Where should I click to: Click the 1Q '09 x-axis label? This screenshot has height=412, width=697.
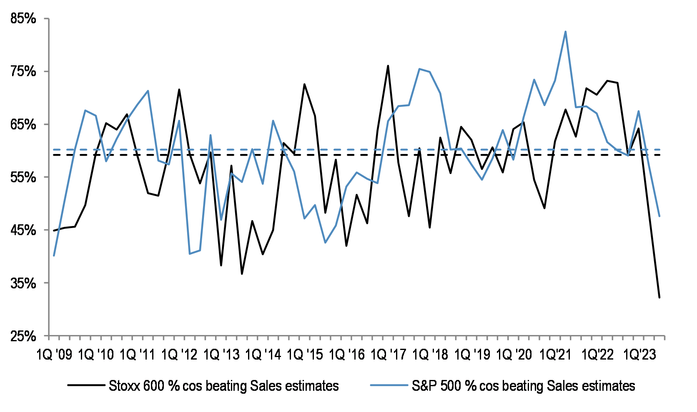[x=54, y=355]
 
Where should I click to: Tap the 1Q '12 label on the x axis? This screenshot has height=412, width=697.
[x=180, y=355]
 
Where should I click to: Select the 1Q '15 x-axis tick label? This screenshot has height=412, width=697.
[x=305, y=355]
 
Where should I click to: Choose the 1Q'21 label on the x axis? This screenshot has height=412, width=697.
[x=555, y=355]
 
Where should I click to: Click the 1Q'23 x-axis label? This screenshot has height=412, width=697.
[x=639, y=355]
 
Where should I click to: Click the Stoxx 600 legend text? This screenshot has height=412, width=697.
[x=224, y=386]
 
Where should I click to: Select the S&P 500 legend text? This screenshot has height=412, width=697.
[x=524, y=386]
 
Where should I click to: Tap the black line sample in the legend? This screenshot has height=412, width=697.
[x=86, y=385]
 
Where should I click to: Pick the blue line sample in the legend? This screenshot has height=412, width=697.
[x=389, y=385]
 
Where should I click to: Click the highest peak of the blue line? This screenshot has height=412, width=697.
[x=565, y=32]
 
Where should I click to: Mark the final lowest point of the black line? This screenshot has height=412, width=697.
[x=659, y=298]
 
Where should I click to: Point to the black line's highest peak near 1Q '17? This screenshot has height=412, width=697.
[x=388, y=66]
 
